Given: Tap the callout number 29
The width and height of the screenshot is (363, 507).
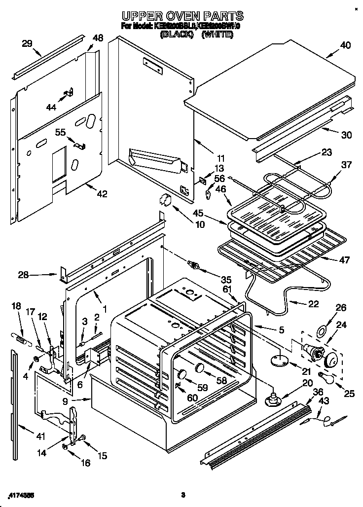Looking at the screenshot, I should pos(27,44).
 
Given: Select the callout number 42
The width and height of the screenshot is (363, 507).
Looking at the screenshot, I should pos(102,194).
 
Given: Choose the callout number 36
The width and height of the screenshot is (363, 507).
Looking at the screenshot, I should pos(319,392).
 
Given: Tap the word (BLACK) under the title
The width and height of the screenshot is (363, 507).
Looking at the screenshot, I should pos(176,36).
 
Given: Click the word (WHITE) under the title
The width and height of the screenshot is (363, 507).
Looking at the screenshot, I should pos(218,36).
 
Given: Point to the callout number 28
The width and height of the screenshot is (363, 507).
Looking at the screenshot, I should pos(23,274).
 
